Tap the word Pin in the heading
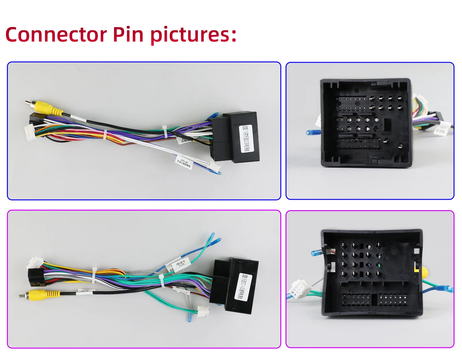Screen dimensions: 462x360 tap(128, 35)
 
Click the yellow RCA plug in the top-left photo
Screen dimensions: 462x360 tap(46, 108)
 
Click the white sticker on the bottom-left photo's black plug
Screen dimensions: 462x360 tap(244, 287)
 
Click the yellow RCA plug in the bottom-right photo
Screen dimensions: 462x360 tap(424, 272)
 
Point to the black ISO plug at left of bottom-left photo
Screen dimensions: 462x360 tap(35, 277)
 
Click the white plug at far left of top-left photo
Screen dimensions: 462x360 tap(30, 130)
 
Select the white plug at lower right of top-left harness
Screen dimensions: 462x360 tap(214, 166)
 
